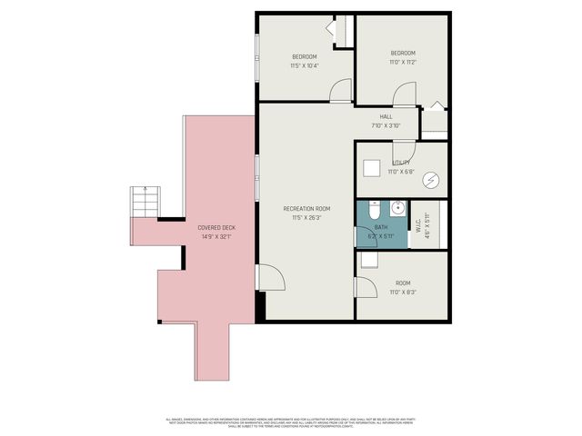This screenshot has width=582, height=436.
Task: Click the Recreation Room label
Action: (306, 209)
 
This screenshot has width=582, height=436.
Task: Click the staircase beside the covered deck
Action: (145, 202)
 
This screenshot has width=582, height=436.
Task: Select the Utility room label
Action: (401, 163)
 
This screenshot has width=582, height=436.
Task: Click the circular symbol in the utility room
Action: (429, 180)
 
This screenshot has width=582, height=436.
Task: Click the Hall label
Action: (386, 116)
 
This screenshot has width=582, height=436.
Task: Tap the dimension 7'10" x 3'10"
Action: (386, 126)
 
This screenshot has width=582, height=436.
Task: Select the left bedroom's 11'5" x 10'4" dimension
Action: (305, 65)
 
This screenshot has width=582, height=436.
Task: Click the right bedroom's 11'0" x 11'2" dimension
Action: (403, 63)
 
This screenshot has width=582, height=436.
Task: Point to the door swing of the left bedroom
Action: (339, 88)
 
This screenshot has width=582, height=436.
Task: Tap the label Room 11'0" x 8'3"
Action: (403, 288)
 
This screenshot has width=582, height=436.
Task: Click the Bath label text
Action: (380, 226)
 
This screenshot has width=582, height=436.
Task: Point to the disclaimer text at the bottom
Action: (291, 423)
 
